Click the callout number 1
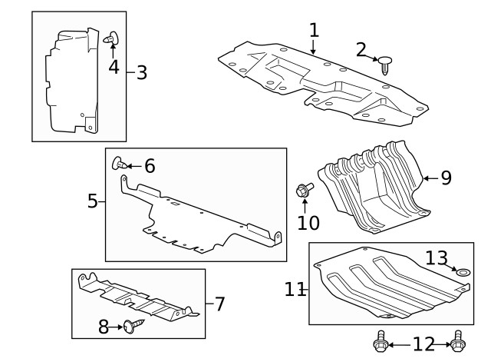click(x=313, y=31)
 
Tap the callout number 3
click(x=141, y=73)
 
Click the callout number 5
click(x=92, y=201)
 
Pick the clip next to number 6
click(x=120, y=162)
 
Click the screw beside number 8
click(x=133, y=326)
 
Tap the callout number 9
click(x=446, y=178)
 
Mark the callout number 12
click(x=423, y=343)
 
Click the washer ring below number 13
click(x=463, y=272)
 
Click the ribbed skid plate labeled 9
click(x=372, y=188)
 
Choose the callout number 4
click(x=114, y=67)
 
